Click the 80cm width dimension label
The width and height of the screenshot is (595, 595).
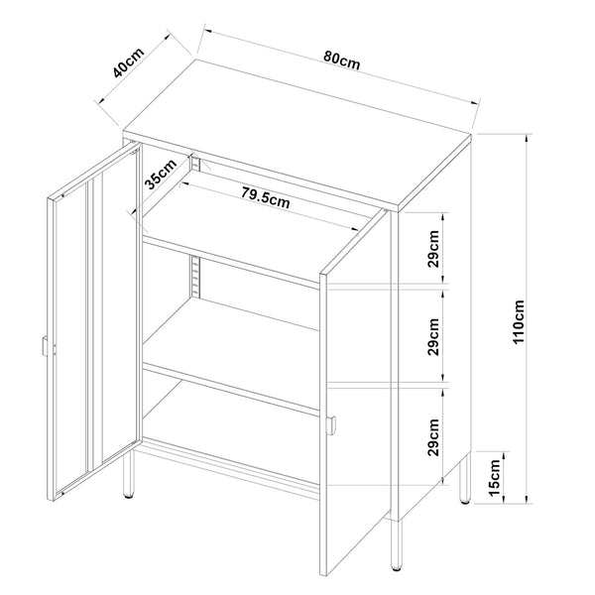pos(341,61)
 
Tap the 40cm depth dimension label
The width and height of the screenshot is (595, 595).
pos(129,62)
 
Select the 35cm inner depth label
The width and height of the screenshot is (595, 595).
pos(162,174)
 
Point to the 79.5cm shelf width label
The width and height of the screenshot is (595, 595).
pos(266,197)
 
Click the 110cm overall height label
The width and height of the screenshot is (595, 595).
pos(519,321)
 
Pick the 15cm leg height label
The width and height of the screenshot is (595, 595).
pos(495,477)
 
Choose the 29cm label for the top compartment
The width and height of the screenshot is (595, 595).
pos(433,249)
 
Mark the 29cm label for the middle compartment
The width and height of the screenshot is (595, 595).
pos(433,337)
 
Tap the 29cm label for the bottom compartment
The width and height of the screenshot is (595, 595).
pos(433,437)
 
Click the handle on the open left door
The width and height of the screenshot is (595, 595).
pos(45,346)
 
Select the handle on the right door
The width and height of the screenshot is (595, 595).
pos(332,425)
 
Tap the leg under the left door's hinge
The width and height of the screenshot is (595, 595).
pos(129,474)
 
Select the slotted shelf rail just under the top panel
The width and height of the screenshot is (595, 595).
pos(195,162)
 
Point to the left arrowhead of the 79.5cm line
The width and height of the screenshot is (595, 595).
pos(184,183)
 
